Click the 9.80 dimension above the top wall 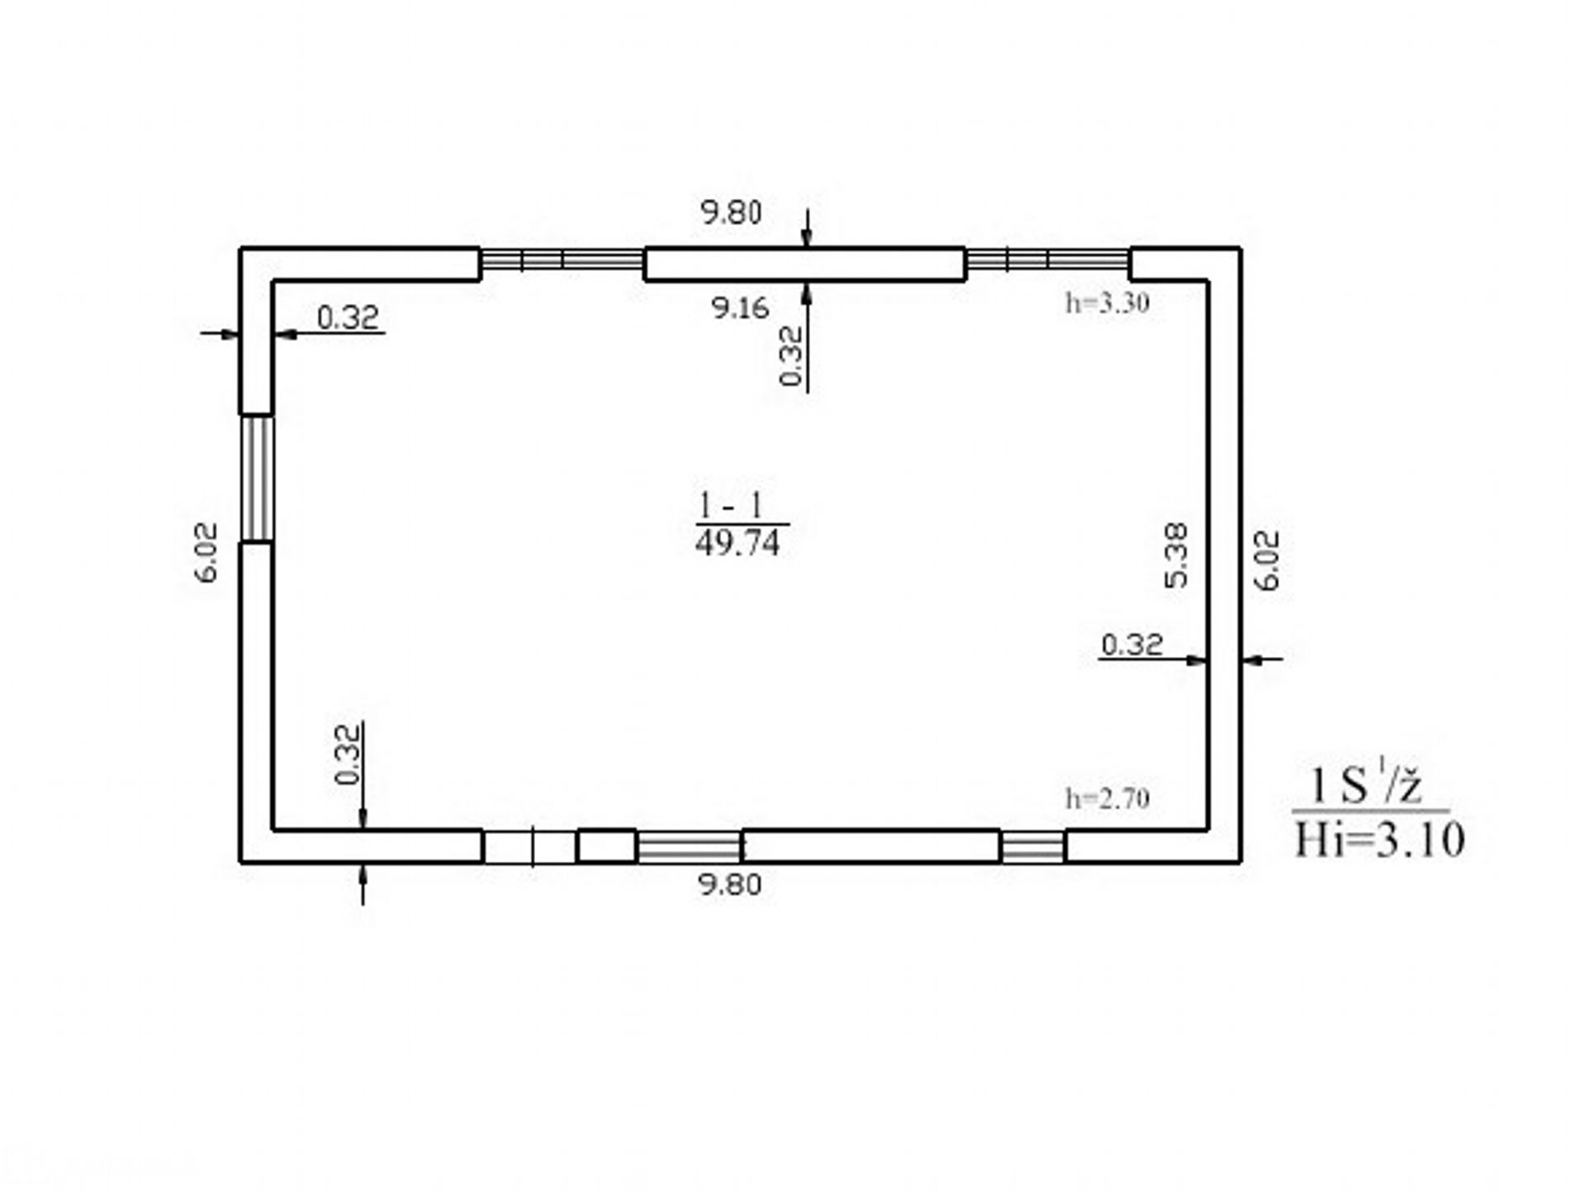tap(731, 213)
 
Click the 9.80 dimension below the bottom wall tap(730, 885)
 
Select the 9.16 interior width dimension tap(741, 308)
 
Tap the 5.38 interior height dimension tap(1176, 555)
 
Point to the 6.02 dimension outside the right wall tap(1267, 560)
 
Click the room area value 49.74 tap(737, 544)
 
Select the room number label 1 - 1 tap(732, 505)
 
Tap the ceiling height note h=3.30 tap(1107, 304)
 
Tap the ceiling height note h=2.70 tap(1107, 798)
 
